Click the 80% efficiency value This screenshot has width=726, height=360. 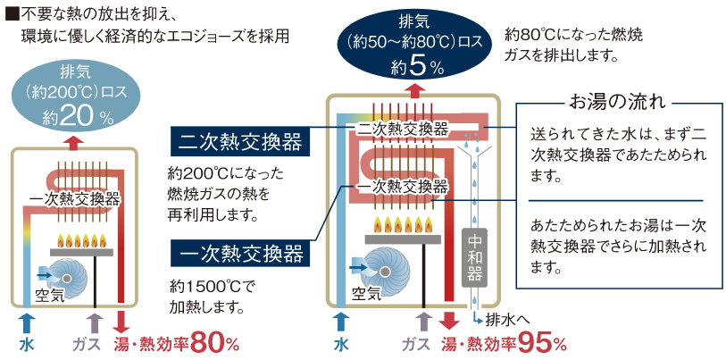click(215, 342)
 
